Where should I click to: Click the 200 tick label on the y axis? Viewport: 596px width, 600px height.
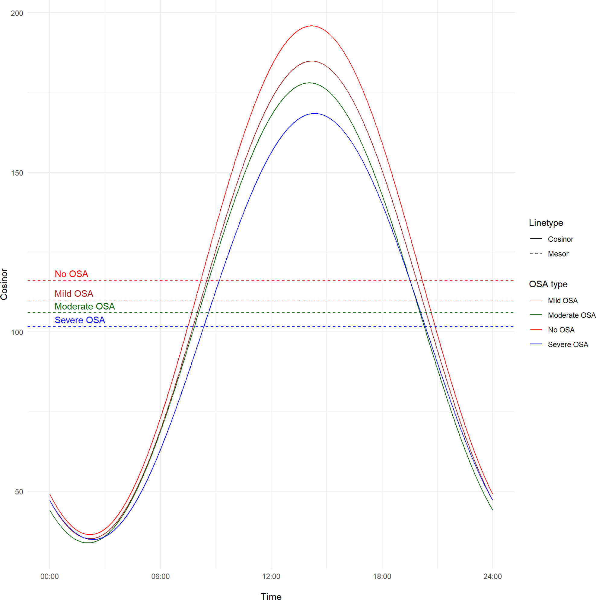(x=17, y=13)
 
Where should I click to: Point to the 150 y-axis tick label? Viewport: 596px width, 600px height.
(x=17, y=173)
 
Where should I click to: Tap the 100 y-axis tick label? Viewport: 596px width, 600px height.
(x=17, y=332)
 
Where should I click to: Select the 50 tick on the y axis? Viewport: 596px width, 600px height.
(x=19, y=492)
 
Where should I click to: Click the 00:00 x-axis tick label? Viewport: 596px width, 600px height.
(x=49, y=577)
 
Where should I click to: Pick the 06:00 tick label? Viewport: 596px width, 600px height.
(x=161, y=577)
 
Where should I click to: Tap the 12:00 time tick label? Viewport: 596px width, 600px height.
(x=271, y=577)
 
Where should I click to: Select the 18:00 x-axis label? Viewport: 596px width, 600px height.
(x=382, y=577)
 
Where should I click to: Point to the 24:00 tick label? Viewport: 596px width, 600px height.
(x=493, y=577)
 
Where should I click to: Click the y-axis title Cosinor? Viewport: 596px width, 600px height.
(x=4, y=285)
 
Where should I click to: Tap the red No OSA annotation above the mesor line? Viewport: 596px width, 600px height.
(x=71, y=274)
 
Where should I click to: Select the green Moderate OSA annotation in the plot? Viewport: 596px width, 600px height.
(x=85, y=307)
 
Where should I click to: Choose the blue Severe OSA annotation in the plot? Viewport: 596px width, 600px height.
(x=80, y=320)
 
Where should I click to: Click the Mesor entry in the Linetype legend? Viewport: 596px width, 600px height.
(x=558, y=254)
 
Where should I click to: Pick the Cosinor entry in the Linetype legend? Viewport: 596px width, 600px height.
(x=561, y=240)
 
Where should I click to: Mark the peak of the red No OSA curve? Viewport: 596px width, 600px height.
(x=311, y=26)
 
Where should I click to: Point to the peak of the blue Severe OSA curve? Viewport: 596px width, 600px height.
(x=315, y=114)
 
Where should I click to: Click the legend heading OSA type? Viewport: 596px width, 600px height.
(x=548, y=285)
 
